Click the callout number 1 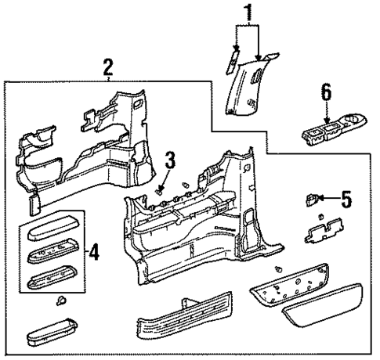(250, 14)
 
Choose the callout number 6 (327, 94)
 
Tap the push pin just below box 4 (61, 301)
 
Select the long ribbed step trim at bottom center (184, 323)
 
